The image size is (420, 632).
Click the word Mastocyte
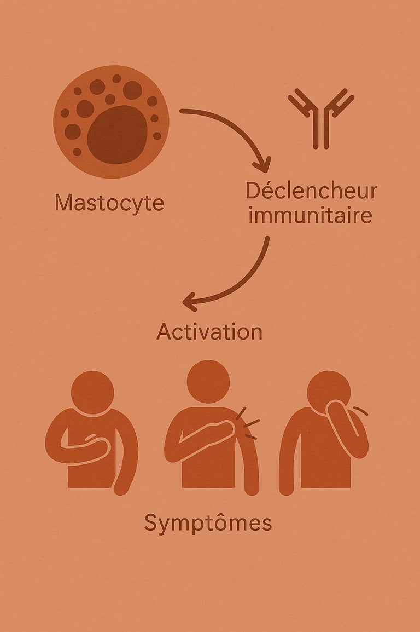[x=109, y=203]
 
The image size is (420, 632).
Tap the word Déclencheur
[x=311, y=191]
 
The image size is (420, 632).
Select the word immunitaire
[x=310, y=215]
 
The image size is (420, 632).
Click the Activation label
[x=209, y=332]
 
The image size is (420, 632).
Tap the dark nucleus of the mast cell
[x=117, y=135]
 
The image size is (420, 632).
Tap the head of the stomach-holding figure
[x=92, y=392]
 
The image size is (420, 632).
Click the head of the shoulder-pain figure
[x=208, y=381]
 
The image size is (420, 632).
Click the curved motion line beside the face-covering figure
[x=361, y=410]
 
